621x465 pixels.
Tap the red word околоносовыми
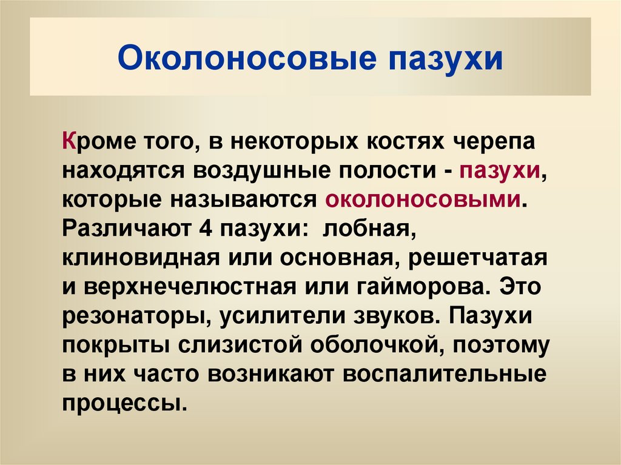coord(423,200)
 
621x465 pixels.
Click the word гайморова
coord(411,287)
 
